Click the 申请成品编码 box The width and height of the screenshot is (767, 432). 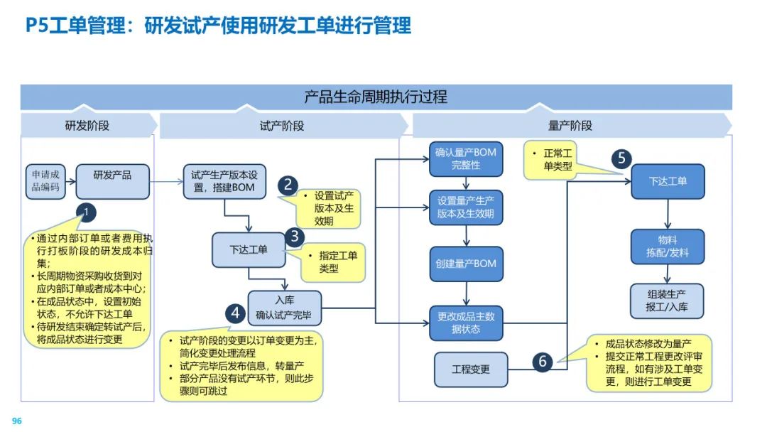coord(46,181)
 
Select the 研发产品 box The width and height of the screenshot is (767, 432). coord(112,181)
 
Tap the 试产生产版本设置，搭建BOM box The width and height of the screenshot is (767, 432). coord(224,181)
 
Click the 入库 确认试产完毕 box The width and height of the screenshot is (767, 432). coord(285,308)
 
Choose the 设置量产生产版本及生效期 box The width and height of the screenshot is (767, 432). coord(466,207)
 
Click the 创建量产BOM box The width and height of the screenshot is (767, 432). coord(466,264)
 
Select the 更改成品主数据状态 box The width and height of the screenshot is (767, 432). coord(466,323)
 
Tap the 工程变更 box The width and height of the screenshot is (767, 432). coord(471,369)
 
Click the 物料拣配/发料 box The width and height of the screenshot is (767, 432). coord(668,247)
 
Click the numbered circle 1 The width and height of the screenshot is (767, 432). coord(86,212)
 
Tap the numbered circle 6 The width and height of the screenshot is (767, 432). coord(543,362)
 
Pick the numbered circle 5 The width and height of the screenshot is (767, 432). coord(622,158)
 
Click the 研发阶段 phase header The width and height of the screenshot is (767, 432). coord(87,126)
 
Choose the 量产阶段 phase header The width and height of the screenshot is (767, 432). coord(570,126)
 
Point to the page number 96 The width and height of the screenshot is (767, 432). coord(17,421)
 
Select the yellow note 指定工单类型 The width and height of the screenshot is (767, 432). coord(333,261)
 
